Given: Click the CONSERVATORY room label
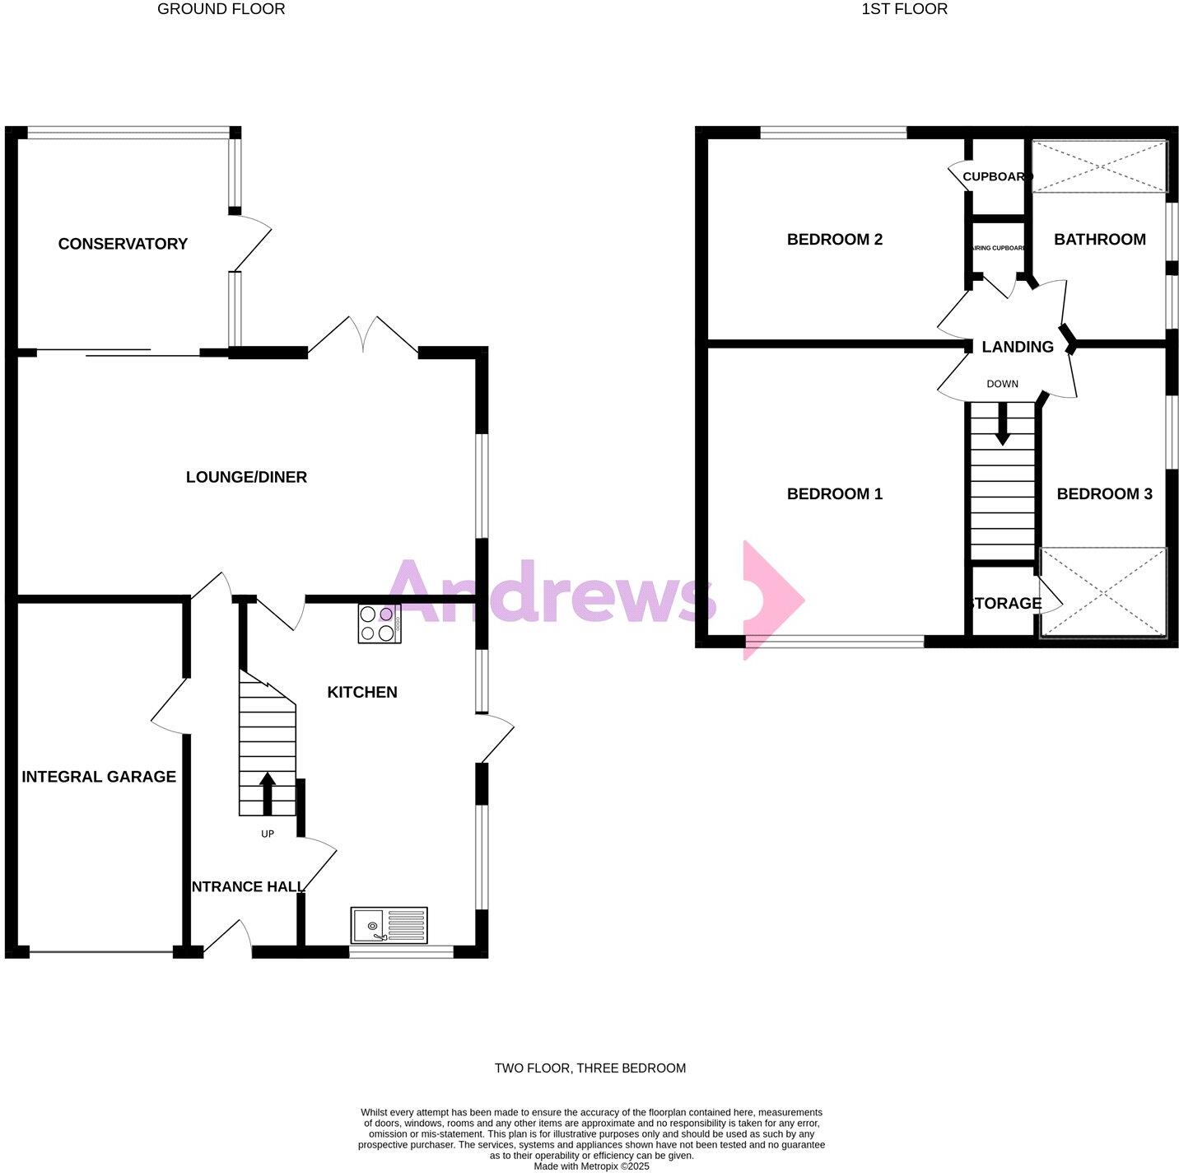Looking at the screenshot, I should point(123,244).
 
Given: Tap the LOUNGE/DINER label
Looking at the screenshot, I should point(246,477).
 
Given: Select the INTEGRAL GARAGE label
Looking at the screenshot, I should point(99,777).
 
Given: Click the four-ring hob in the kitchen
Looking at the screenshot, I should point(380,624).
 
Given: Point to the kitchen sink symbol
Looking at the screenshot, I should point(389,925).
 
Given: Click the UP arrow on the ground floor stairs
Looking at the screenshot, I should point(268,791).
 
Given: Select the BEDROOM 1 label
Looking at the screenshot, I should point(834,494).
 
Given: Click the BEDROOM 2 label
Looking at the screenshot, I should point(834,240).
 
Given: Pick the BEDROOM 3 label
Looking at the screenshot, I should point(1104,494).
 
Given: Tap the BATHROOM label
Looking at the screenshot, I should point(1100,240).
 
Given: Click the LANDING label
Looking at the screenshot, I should point(1018,347).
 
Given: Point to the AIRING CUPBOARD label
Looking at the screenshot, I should point(999,248).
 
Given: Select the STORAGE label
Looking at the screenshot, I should point(1005,604).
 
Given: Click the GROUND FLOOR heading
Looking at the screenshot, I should point(221,10).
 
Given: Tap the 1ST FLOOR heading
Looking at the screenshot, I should point(904,10).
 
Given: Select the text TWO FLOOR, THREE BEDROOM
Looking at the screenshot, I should point(589,1068).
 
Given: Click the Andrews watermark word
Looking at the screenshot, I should point(552,591).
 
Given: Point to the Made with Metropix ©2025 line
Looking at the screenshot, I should point(591,1166).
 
